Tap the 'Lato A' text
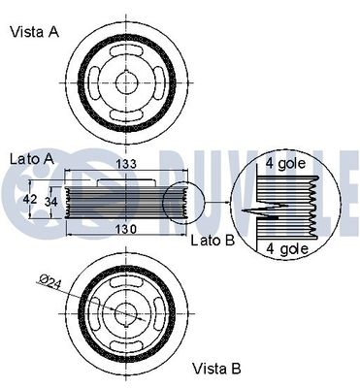point(32,158)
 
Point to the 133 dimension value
point(127,164)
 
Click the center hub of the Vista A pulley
point(127,83)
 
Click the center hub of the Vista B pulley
point(127,310)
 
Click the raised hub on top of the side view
point(124,178)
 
